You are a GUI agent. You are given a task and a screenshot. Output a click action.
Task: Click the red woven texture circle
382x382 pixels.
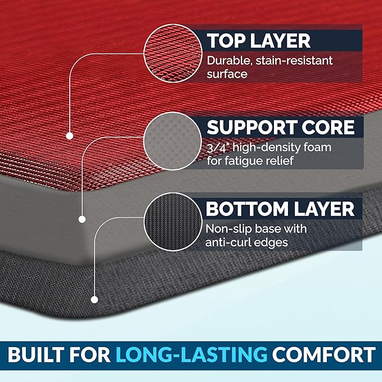(x=173, y=55)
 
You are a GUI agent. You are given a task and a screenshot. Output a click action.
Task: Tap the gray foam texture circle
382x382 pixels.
(x=173, y=140)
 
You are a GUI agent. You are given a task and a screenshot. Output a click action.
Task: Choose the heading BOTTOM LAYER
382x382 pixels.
(x=280, y=209)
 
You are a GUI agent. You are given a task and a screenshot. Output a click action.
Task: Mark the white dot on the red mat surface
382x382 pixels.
(x=69, y=136)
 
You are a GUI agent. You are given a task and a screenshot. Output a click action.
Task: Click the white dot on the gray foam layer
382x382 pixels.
(x=82, y=219)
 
